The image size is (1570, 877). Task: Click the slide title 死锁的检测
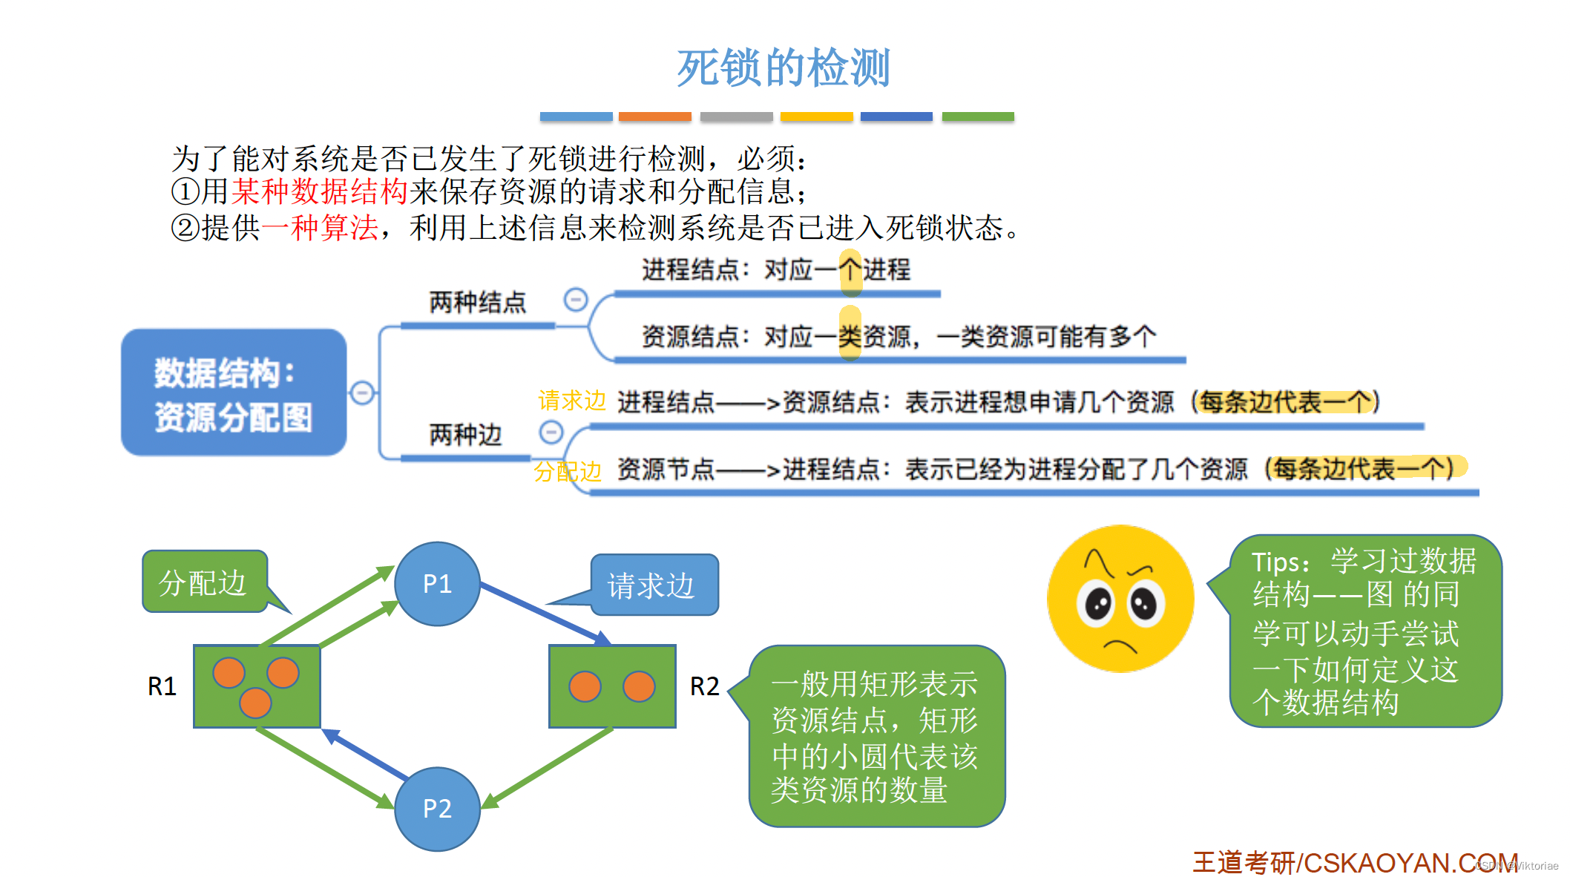(x=783, y=68)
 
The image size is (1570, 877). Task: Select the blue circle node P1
(x=437, y=584)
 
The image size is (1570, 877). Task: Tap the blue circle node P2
(x=437, y=808)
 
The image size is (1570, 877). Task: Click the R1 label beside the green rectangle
(x=162, y=686)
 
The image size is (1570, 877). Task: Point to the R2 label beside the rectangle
(x=704, y=686)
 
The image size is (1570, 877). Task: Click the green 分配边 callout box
(x=203, y=582)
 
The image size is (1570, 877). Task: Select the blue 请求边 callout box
(x=653, y=585)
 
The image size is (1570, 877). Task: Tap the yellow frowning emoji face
(x=1120, y=599)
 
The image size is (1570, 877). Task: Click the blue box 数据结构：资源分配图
(x=234, y=392)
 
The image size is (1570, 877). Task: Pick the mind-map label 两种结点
(x=477, y=303)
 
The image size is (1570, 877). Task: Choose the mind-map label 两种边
(x=465, y=435)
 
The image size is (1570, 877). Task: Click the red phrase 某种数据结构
(x=320, y=191)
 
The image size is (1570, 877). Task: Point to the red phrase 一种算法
(x=320, y=227)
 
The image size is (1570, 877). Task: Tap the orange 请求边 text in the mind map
(x=571, y=401)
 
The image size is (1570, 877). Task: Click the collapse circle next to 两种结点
(x=576, y=300)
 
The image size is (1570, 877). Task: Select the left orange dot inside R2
(x=585, y=686)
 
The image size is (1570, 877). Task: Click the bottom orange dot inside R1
(x=255, y=702)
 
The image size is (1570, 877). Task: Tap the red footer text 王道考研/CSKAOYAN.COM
(x=1354, y=862)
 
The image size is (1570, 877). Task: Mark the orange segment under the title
(x=654, y=116)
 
